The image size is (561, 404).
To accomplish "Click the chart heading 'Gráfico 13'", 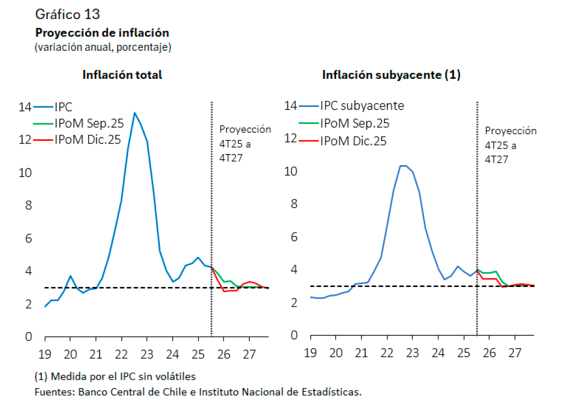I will (x=67, y=13).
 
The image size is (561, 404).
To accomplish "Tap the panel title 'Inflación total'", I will (x=122, y=75).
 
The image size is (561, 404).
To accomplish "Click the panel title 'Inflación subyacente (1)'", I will (x=391, y=75).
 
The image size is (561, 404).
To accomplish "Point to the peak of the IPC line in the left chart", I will (x=134, y=113).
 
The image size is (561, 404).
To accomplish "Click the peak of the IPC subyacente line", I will (x=403, y=166).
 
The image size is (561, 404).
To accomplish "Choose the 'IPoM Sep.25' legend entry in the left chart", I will (x=88, y=123).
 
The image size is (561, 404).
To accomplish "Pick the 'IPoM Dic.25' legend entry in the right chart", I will (x=353, y=141).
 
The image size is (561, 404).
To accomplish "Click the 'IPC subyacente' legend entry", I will (x=362, y=105).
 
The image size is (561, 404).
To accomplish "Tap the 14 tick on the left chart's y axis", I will (x=25, y=107).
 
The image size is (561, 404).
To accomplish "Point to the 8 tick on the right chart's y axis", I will (x=294, y=204).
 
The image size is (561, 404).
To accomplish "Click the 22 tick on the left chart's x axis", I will (x=121, y=354).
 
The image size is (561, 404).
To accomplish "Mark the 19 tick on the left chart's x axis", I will (x=46, y=354).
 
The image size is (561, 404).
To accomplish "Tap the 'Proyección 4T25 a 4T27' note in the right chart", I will (x=510, y=145).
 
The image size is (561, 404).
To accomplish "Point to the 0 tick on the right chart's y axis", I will (x=294, y=336).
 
